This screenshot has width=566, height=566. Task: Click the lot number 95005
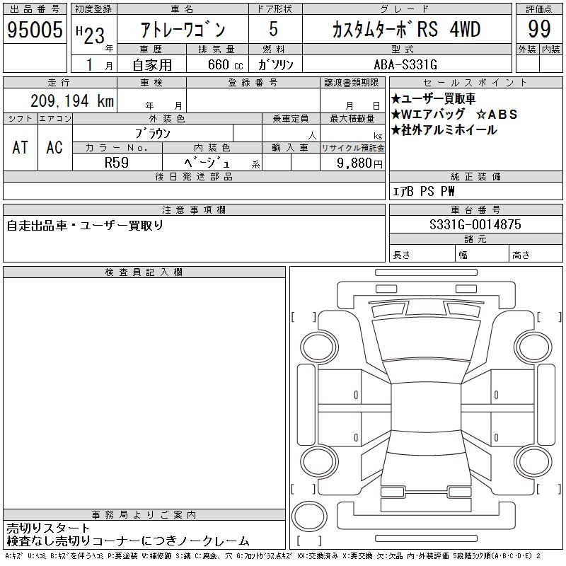(x=35, y=30)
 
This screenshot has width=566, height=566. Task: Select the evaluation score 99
(x=539, y=29)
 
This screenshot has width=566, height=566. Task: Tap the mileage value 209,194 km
(x=72, y=100)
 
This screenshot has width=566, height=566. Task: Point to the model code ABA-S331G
(x=405, y=64)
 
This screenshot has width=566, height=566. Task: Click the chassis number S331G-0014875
(x=475, y=224)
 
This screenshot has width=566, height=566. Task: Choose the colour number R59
(x=117, y=163)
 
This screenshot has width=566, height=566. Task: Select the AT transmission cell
(x=21, y=147)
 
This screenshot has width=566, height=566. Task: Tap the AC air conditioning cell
(x=54, y=147)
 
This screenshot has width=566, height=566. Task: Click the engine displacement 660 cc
(x=225, y=65)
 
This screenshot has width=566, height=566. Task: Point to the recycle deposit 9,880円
(x=359, y=163)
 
